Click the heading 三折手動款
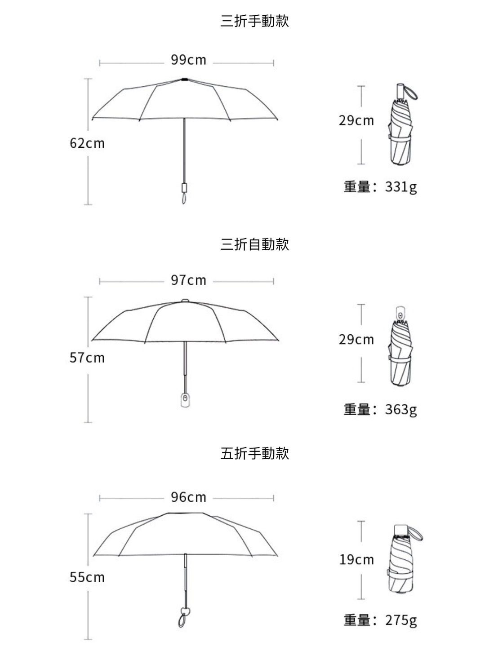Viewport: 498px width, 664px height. click(254, 21)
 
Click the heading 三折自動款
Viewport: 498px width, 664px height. click(254, 244)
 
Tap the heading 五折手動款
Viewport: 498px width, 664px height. click(254, 453)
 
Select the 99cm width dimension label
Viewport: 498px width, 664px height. click(188, 60)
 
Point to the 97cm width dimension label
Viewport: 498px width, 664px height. click(188, 280)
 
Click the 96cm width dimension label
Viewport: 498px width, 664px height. click(188, 497)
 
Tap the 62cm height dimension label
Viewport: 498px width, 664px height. click(87, 143)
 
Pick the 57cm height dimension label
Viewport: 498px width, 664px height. click(87, 358)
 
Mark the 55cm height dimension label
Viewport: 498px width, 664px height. click(87, 577)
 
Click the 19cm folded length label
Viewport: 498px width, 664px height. click(356, 560)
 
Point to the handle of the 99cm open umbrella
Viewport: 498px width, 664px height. click(184, 188)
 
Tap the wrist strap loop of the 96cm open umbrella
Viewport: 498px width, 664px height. click(182, 620)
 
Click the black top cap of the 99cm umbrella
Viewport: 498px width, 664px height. click(184, 80)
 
